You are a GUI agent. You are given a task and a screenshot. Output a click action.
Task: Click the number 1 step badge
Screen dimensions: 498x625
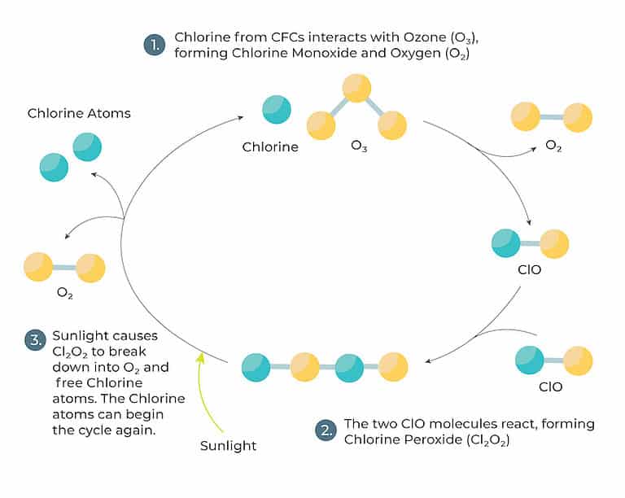pyautogui.click(x=155, y=46)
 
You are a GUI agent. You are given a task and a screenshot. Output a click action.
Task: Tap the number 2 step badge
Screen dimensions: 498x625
pyautogui.click(x=325, y=431)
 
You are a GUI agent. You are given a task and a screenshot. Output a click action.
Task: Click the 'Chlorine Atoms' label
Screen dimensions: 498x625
pyautogui.click(x=79, y=113)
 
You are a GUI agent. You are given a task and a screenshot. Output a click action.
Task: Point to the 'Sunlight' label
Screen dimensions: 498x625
pyautogui.click(x=228, y=445)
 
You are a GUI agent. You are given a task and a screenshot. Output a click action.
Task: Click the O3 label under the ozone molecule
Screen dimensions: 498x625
pyautogui.click(x=358, y=147)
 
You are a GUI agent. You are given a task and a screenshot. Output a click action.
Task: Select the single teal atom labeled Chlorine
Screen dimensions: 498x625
pyautogui.click(x=276, y=110)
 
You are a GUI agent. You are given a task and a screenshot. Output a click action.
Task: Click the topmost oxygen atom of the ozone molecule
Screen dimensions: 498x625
pyautogui.click(x=356, y=87)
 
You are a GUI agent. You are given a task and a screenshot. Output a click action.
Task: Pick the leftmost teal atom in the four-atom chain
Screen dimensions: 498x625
pyautogui.click(x=256, y=367)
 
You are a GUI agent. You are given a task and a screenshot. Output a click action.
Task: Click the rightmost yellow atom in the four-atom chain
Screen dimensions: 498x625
pyautogui.click(x=394, y=367)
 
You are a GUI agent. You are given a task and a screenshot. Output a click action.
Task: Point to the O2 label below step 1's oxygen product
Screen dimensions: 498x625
pyautogui.click(x=553, y=146)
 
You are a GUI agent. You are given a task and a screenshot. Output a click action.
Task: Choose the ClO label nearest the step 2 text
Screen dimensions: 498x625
pyautogui.click(x=551, y=387)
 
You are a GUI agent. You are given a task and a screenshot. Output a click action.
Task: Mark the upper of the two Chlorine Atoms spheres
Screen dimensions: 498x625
pyautogui.click(x=87, y=146)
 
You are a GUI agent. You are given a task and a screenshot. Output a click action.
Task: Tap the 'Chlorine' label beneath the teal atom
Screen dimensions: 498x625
pyautogui.click(x=270, y=147)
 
